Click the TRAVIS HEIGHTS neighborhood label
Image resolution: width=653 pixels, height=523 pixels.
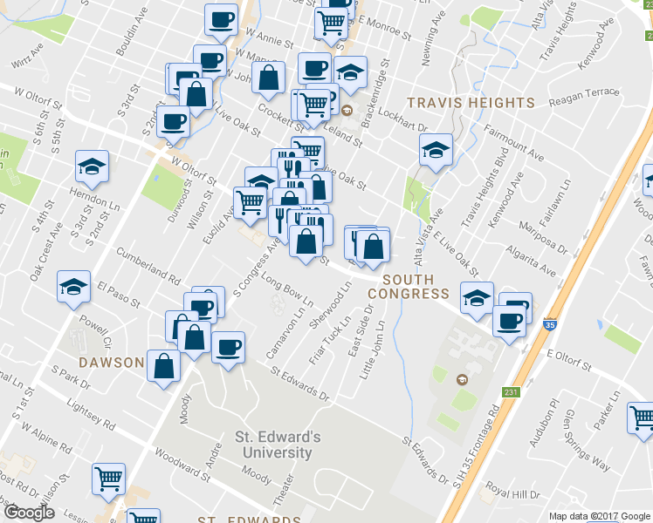(471, 102)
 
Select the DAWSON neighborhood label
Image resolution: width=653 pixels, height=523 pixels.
(111, 362)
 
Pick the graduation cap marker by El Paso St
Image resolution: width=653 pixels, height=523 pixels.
(74, 285)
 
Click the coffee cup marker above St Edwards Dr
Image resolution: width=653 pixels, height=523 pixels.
(229, 347)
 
